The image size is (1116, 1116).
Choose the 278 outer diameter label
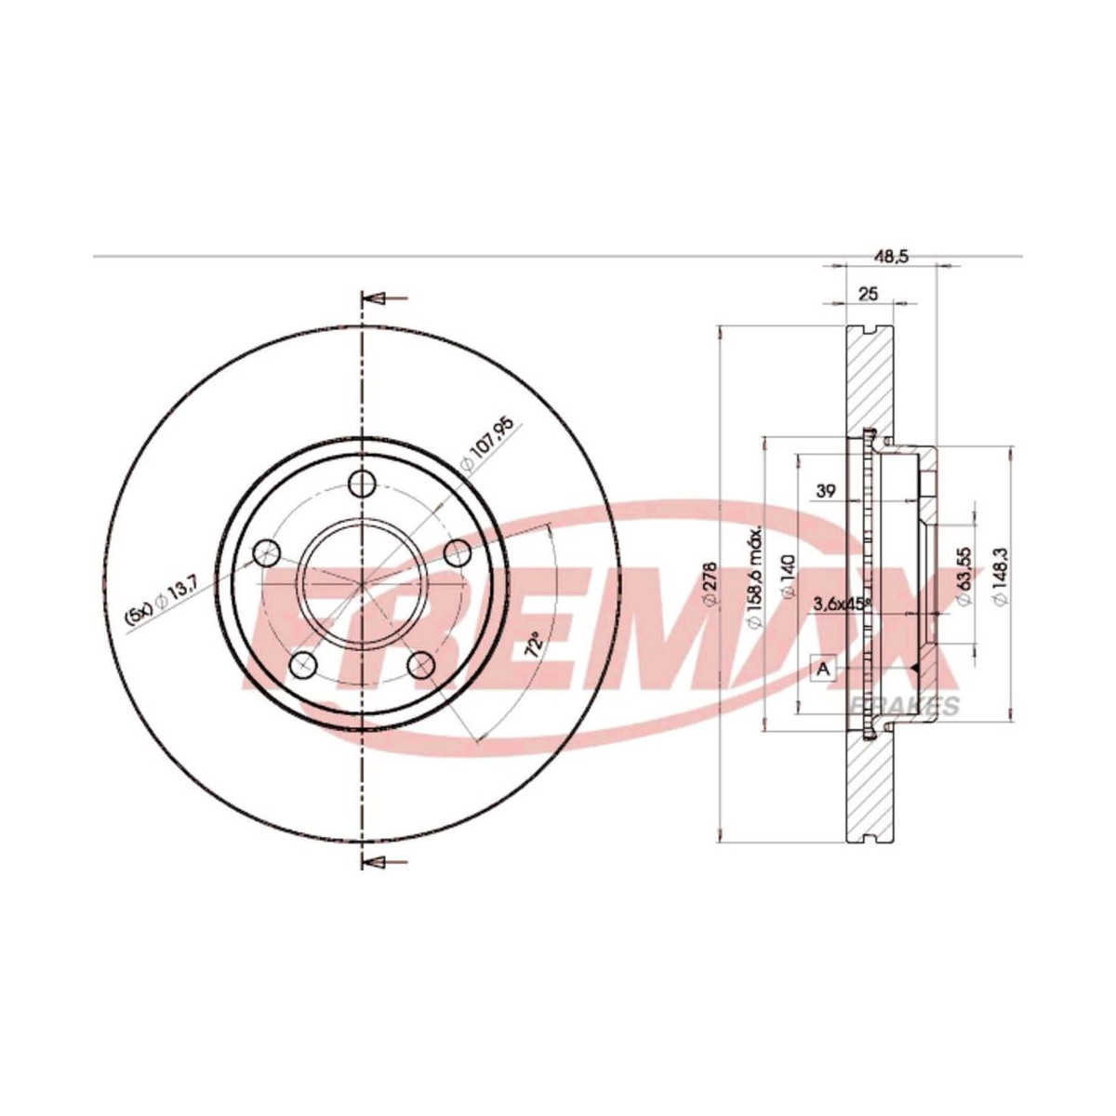point(711,584)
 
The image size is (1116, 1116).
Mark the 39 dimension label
point(826,491)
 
